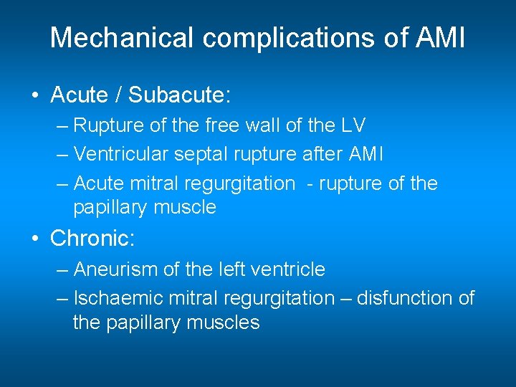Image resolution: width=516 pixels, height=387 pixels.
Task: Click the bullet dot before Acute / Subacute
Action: tap(34, 95)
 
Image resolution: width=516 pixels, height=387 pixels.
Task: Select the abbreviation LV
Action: tap(352, 126)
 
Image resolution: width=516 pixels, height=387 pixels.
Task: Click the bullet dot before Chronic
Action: tap(34, 239)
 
